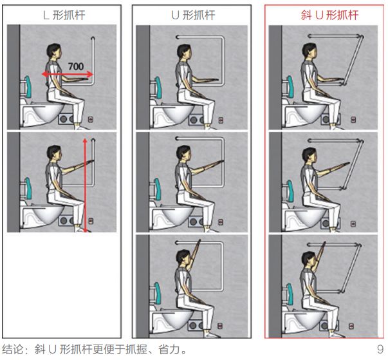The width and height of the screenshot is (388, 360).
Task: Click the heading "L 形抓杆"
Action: click(64, 15)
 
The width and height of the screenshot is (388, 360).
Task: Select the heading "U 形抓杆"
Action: click(193, 15)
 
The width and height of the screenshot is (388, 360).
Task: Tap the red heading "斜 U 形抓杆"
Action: click(329, 15)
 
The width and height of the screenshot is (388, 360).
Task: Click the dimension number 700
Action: click(76, 66)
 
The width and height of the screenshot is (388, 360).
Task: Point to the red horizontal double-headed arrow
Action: click(68, 74)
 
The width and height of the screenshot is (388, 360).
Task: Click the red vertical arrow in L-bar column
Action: click(85, 185)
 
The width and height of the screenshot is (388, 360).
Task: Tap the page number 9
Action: click(380, 349)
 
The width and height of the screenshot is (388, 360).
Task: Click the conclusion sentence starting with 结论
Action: click(95, 349)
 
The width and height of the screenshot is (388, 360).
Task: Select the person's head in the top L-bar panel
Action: click(54, 52)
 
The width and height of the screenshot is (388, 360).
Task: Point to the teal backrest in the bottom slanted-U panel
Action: click(290, 294)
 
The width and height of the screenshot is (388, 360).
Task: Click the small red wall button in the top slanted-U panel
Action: click(353, 120)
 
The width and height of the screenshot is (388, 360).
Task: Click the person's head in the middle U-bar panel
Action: click(184, 153)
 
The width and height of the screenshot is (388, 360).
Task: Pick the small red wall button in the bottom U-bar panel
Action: click(220, 326)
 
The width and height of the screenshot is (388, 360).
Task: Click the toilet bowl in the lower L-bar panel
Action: click(48, 215)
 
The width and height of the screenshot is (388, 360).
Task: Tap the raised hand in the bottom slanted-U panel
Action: click(323, 247)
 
